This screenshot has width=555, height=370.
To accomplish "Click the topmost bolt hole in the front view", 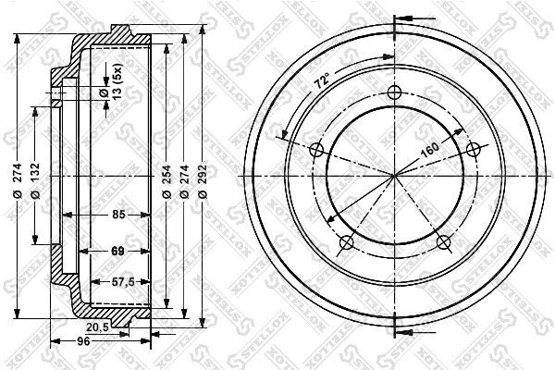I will click(394, 92).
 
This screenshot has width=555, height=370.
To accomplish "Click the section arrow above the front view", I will click(409, 17).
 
